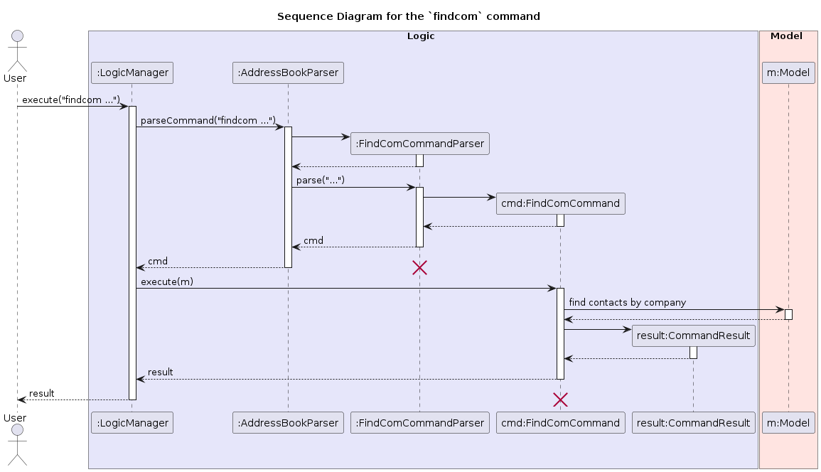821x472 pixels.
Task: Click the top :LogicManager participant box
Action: (x=132, y=72)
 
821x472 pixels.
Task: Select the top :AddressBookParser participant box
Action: (x=288, y=72)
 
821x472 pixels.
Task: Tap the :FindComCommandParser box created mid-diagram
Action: (x=419, y=144)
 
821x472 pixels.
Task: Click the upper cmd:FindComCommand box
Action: (x=560, y=203)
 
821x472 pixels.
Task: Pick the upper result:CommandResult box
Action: (x=693, y=336)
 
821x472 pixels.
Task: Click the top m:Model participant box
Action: (x=788, y=72)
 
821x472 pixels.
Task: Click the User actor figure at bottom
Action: (x=17, y=441)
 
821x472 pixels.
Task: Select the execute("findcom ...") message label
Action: (x=70, y=100)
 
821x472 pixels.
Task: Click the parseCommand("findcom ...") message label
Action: (x=208, y=121)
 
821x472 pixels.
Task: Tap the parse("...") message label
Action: (x=320, y=181)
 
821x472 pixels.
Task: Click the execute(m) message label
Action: (x=167, y=281)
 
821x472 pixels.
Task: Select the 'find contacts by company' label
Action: (x=627, y=302)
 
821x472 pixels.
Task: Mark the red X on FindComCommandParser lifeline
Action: (x=419, y=268)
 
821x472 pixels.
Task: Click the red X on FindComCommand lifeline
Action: (x=560, y=399)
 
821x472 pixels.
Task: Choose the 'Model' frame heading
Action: (x=786, y=36)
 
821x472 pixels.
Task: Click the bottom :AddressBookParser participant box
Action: (x=288, y=423)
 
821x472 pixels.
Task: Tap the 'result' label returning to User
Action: (x=41, y=393)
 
